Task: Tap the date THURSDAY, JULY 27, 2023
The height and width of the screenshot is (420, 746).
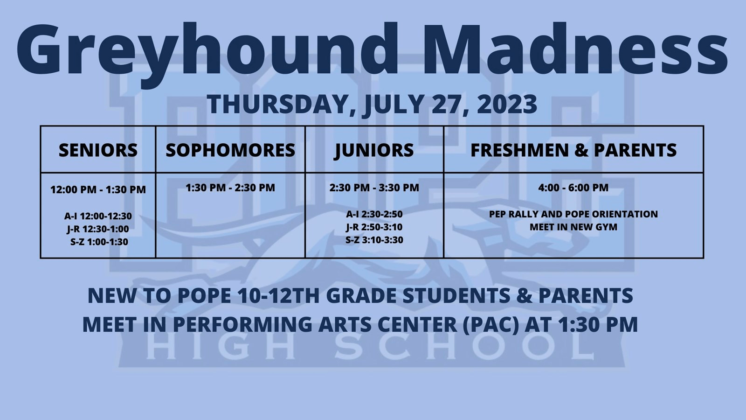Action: point(372,104)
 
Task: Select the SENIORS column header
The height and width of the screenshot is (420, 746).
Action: point(98,150)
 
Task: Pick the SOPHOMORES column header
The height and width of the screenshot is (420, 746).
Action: point(230,150)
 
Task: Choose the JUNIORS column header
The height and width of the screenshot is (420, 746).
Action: point(374,150)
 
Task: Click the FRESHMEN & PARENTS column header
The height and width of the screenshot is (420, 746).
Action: point(573,150)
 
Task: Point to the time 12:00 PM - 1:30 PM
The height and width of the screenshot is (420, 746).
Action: point(98,189)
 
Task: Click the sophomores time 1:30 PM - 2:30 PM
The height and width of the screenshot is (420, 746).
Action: point(230,188)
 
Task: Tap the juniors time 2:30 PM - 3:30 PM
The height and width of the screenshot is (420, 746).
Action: point(374,188)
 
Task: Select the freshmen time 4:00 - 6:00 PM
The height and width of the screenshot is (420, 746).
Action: point(573,188)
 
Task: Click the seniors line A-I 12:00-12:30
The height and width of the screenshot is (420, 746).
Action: point(98,216)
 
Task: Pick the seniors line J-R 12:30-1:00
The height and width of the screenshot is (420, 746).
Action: point(98,229)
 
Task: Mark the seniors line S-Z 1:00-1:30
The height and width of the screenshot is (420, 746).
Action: point(99,242)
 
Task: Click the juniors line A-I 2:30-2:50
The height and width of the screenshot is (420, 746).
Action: point(374,214)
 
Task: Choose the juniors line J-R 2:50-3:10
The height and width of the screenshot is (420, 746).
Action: point(374,227)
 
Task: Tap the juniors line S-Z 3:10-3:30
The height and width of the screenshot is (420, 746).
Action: point(374,240)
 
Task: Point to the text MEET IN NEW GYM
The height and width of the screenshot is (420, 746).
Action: point(573,227)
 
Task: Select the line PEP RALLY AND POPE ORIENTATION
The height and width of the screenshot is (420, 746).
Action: point(573,214)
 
